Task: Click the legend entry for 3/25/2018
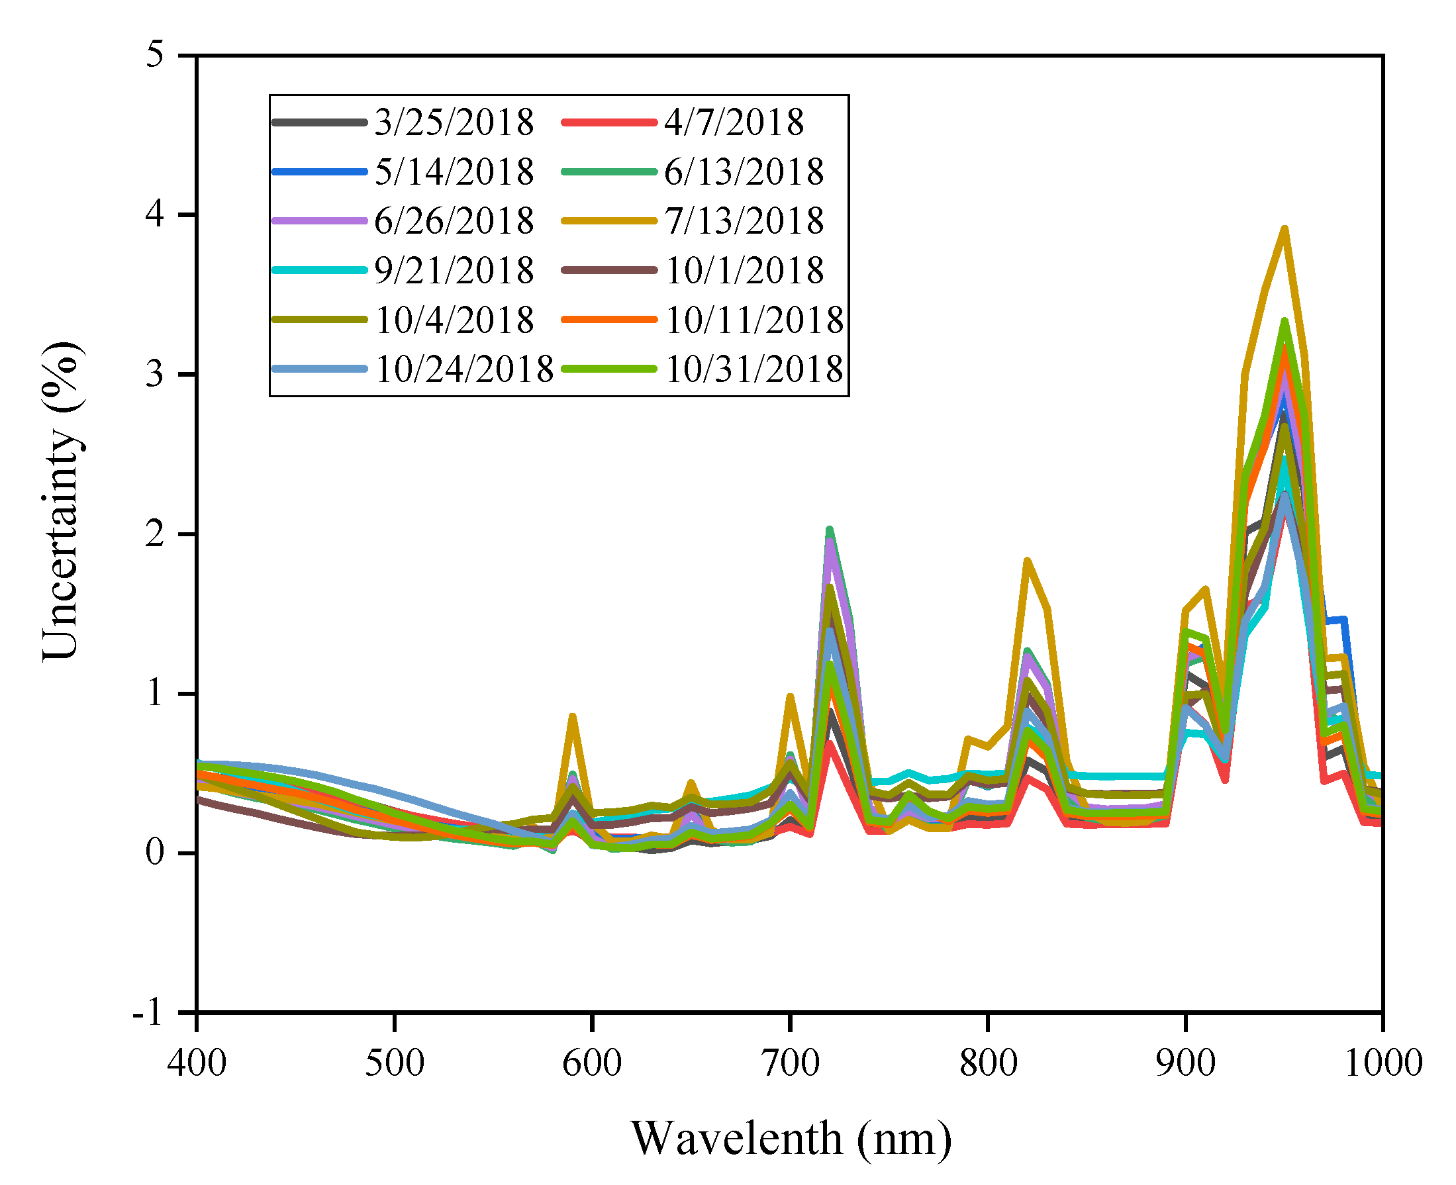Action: click(x=454, y=123)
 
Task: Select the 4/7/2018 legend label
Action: click(x=734, y=123)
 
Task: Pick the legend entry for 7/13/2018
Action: click(x=744, y=221)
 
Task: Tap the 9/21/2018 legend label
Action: click(x=454, y=270)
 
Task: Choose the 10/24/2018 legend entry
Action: click(x=463, y=369)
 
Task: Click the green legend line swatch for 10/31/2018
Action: click(x=608, y=369)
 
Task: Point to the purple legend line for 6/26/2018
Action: click(x=318, y=221)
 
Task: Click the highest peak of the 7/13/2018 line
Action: click(x=1284, y=229)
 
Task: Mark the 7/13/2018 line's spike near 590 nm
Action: click(x=573, y=716)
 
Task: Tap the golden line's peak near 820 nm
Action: click(x=1027, y=561)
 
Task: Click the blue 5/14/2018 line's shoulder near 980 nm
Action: click(x=1343, y=620)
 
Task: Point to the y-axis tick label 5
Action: click(x=156, y=54)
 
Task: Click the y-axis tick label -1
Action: click(x=148, y=1012)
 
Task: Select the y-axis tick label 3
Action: click(x=156, y=374)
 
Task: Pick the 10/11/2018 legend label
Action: click(x=753, y=320)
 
